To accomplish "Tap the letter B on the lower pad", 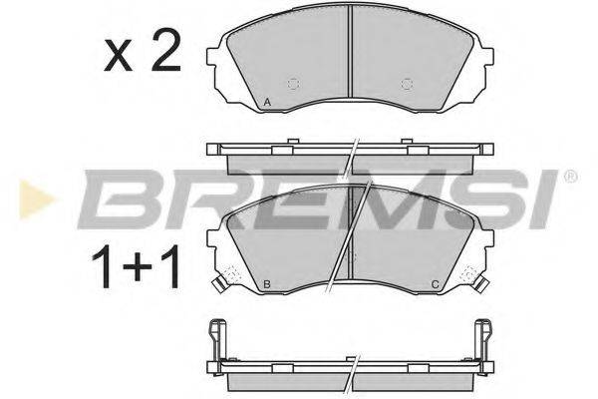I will (268, 284).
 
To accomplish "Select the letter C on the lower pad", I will (436, 284).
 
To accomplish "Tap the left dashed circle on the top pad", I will (293, 83).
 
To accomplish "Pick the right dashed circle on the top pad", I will (406, 83).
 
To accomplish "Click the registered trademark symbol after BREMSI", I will (569, 178).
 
